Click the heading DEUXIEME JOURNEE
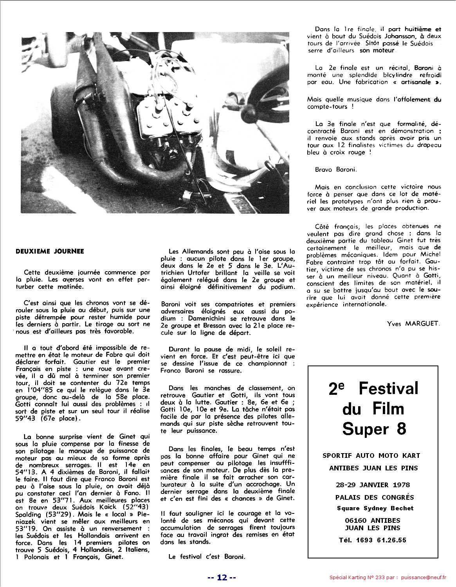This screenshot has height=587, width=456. pyautogui.click(x=50, y=251)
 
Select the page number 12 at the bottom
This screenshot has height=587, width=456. pyautogui.click(x=222, y=578)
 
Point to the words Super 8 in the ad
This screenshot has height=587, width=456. pyautogui.click(x=374, y=429)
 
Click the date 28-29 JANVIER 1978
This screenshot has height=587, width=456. pyautogui.click(x=373, y=485)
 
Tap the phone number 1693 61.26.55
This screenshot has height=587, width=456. pyautogui.click(x=381, y=540)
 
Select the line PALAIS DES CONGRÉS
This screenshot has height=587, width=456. pyautogui.click(x=374, y=497)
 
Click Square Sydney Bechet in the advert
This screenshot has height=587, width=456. pyautogui.click(x=375, y=508)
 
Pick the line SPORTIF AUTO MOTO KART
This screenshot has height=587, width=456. pyautogui.click(x=371, y=456)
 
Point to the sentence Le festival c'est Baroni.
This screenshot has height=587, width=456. pyautogui.click(x=207, y=556)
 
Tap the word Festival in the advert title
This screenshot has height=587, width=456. pyautogui.click(x=388, y=389)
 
